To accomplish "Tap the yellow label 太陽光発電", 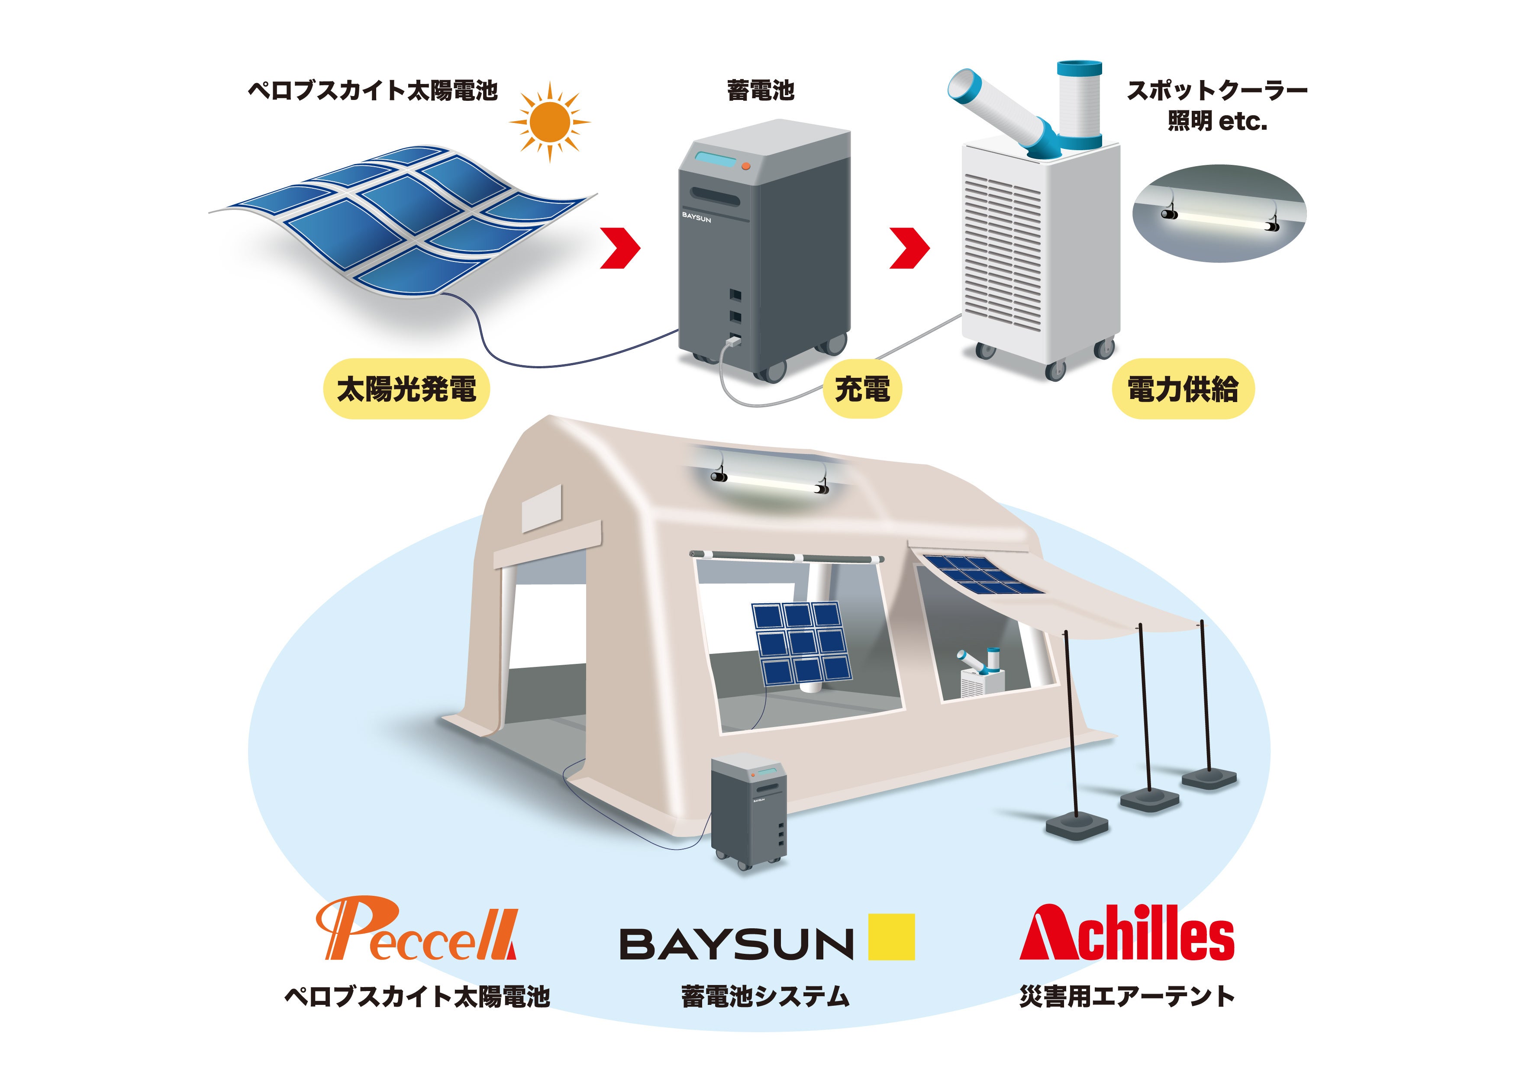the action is pyautogui.click(x=406, y=389).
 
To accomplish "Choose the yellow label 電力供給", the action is pyautogui.click(x=1183, y=389).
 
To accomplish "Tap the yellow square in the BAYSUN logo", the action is pyautogui.click(x=891, y=936).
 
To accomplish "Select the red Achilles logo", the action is pyautogui.click(x=1126, y=933).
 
